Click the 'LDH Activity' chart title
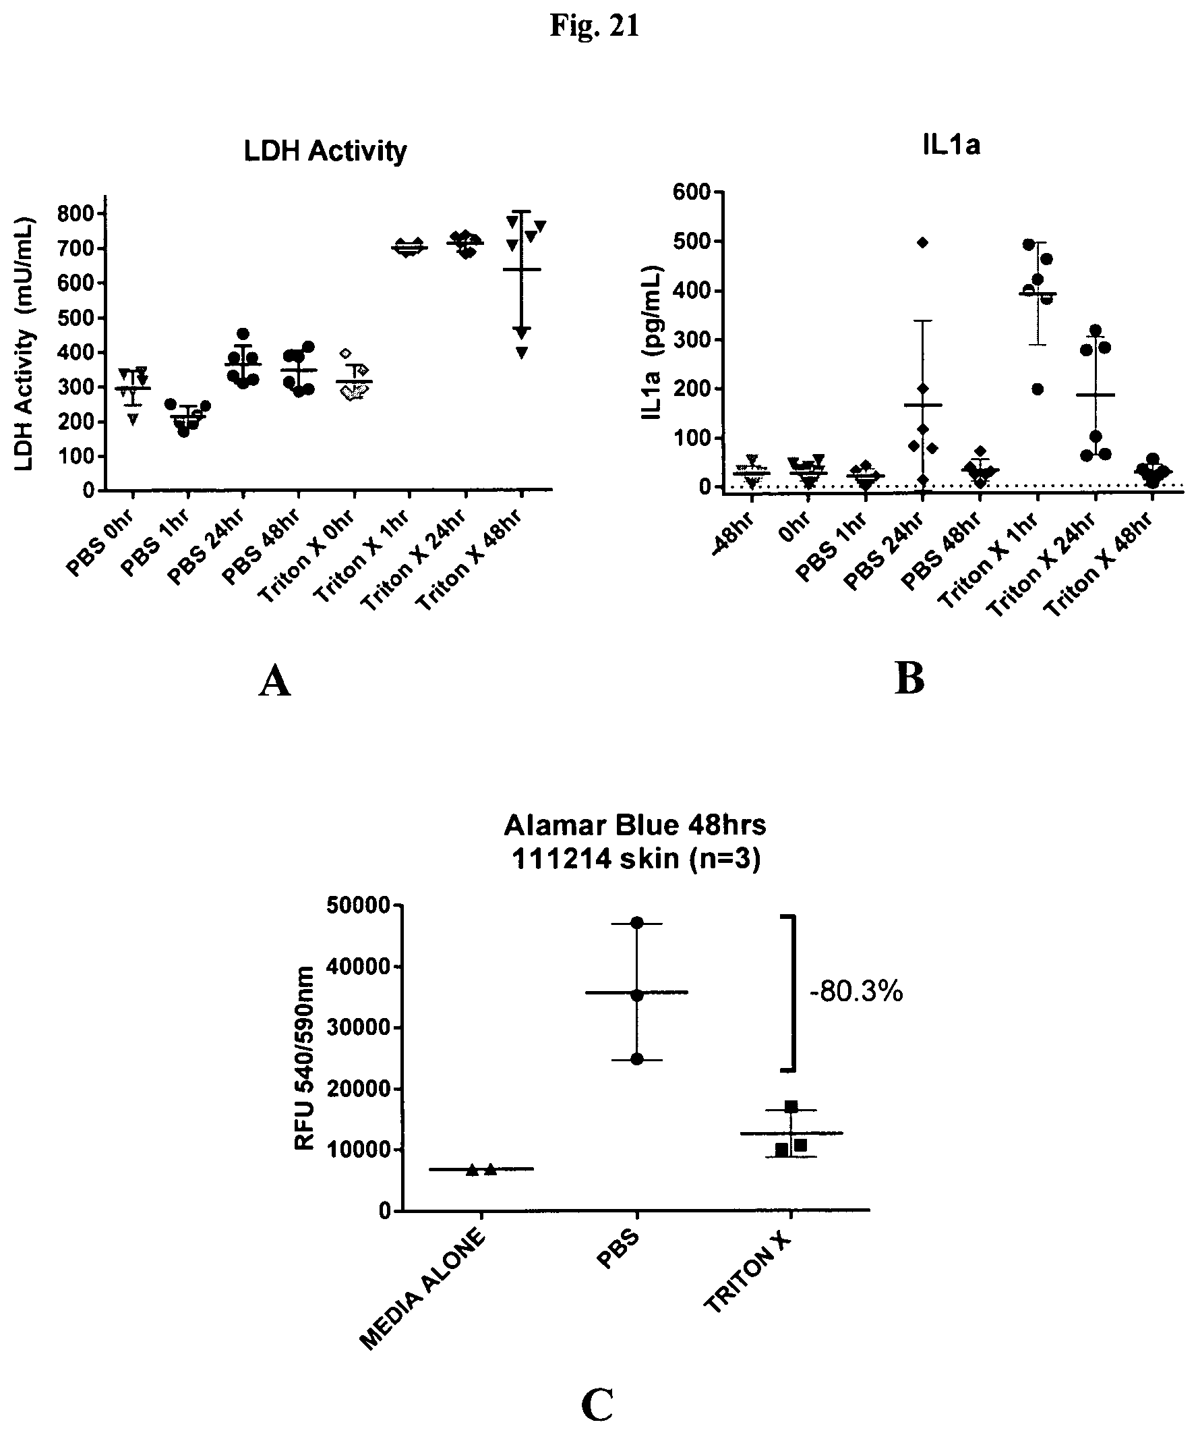pyautogui.click(x=325, y=151)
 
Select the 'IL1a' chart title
pyautogui.click(x=951, y=146)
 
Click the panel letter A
pyautogui.click(x=274, y=682)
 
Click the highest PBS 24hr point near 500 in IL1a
pyautogui.click(x=922, y=243)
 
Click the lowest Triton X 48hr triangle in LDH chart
pyautogui.click(x=521, y=353)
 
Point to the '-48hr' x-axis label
pyautogui.click(x=735, y=533)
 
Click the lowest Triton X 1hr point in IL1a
pyautogui.click(x=1038, y=389)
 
